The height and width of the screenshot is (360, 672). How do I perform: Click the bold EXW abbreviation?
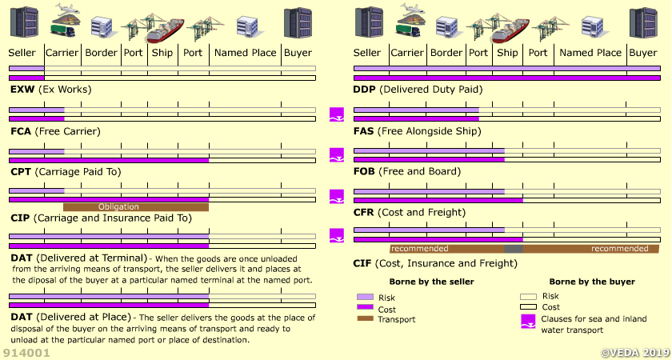point(22,90)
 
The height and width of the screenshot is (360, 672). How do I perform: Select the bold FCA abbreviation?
point(21,131)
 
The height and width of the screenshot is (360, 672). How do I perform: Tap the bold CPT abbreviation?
point(21,172)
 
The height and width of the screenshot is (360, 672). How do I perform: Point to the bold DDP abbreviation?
point(366,90)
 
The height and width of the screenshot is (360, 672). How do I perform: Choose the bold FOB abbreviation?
point(366,171)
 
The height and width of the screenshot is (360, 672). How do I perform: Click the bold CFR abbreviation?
point(366,213)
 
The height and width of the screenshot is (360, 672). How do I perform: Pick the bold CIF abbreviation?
point(364,263)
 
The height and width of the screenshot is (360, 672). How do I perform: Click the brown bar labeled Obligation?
point(135,207)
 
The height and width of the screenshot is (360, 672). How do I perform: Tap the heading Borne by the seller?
point(431,282)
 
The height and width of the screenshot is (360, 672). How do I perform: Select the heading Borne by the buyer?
point(592,282)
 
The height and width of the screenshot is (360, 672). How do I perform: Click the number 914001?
point(27,352)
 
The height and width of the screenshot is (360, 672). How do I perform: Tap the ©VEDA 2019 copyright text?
point(634,352)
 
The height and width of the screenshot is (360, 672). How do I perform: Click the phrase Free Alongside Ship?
point(422,131)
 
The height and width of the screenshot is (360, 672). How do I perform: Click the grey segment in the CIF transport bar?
point(514,249)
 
